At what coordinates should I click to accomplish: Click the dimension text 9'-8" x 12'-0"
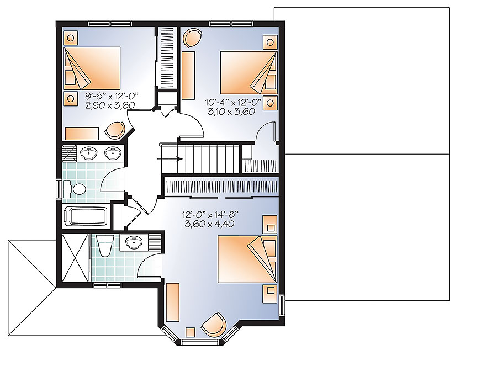pos(111,95)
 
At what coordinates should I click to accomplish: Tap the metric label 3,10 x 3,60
pos(229,111)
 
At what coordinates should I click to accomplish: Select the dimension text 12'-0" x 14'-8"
pos(205,215)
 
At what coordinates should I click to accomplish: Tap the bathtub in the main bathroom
pos(86,216)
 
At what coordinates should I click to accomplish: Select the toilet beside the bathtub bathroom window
pos(77,189)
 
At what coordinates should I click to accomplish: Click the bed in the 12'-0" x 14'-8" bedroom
pos(247,258)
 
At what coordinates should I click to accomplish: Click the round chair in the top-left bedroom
pos(115,130)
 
